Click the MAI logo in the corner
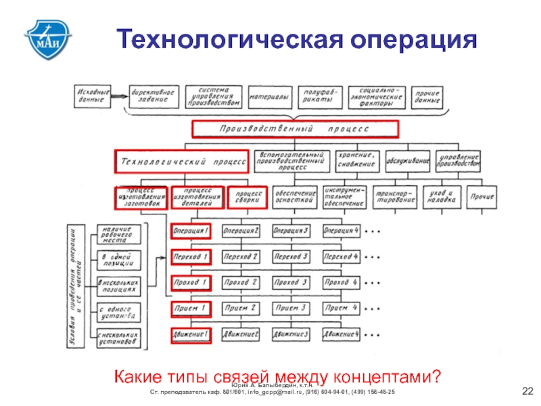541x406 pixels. (x=48, y=39)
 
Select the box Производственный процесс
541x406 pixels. (x=294, y=129)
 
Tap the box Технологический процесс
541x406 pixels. (x=183, y=162)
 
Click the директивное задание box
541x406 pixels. (x=153, y=97)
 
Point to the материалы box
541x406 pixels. (x=268, y=97)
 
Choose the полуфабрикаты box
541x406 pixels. (x=318, y=97)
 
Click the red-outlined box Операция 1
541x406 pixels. (x=191, y=231)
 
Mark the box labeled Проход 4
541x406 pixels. (x=342, y=282)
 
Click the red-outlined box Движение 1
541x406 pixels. (x=191, y=334)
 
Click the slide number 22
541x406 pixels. (x=527, y=391)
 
